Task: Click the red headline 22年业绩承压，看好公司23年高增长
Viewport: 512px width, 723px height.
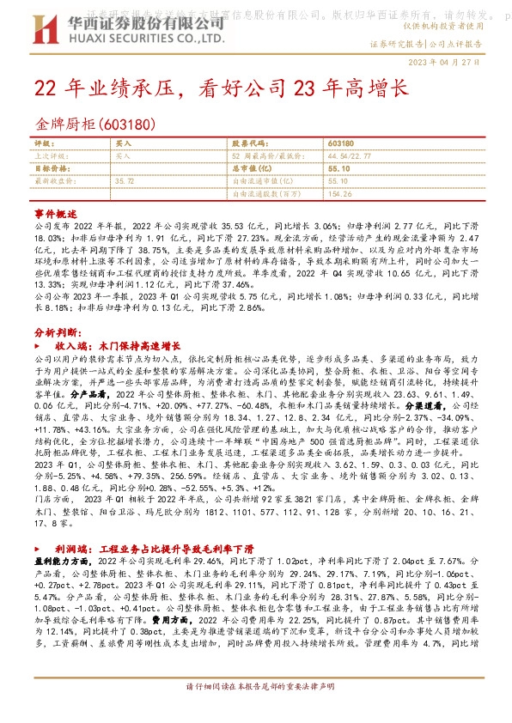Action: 220,88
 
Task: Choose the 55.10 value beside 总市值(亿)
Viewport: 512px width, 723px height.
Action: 338,169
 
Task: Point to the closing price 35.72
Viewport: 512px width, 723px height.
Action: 125,181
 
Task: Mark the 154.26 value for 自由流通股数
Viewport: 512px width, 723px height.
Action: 339,194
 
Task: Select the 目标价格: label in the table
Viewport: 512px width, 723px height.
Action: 50,169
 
